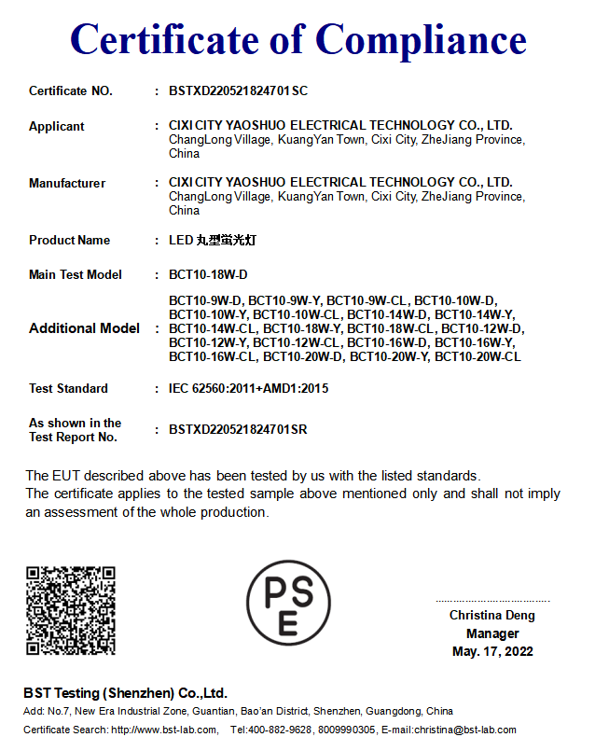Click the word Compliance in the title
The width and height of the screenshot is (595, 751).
pos(421,40)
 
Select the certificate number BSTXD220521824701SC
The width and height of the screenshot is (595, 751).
pos(238,90)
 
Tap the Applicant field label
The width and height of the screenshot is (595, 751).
pos(56,126)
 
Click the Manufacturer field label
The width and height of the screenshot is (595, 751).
pos(67,183)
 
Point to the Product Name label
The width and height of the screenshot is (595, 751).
pos(69,240)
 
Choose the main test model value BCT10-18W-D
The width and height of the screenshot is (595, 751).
pos(208,274)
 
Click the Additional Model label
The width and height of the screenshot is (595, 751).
pos(84,328)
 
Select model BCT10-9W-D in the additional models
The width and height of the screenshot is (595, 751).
pos(205,300)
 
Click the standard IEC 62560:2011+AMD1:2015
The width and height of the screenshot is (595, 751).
pos(248,388)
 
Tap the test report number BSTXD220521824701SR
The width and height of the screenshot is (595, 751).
pos(238,429)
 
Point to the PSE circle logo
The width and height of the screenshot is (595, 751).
pos(288,603)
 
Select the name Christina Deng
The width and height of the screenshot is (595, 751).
pos(492,616)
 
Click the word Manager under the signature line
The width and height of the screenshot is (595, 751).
pos(492,633)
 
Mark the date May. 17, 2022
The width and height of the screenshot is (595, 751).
pos(492,651)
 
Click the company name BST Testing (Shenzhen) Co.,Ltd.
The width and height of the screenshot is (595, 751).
pos(125,693)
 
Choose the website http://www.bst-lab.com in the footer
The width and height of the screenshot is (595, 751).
pos(166,730)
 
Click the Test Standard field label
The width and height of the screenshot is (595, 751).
pos(68,388)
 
